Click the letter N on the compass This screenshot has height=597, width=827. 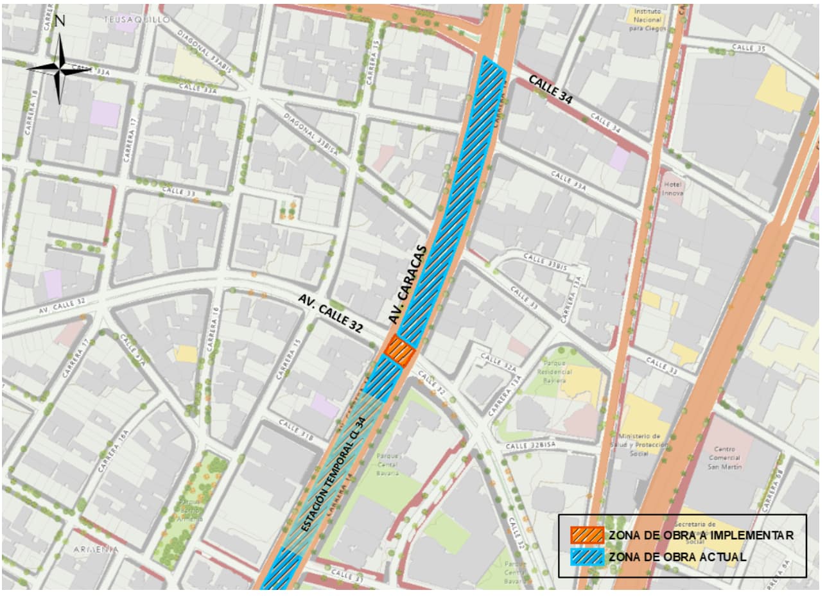point(60,20)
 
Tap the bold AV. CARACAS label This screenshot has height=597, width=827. point(407,284)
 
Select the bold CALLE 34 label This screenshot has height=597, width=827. point(550,89)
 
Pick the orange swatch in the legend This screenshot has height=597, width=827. point(588,535)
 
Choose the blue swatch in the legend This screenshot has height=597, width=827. point(588,557)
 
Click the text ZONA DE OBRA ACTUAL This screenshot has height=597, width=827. point(677,557)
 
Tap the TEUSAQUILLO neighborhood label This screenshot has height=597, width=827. point(137,20)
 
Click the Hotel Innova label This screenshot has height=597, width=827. point(672,189)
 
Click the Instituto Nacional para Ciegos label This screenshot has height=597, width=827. point(647,20)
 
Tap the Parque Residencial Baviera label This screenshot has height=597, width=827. point(554,372)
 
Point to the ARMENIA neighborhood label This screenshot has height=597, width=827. point(96,549)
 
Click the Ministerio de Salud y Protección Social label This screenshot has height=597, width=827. point(639,444)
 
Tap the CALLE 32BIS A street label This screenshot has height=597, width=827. point(530,445)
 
